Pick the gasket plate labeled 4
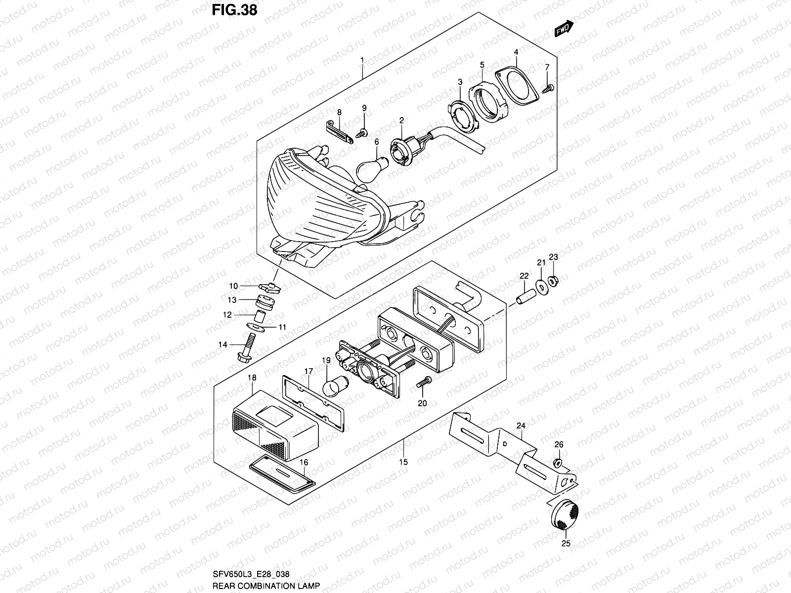click(x=517, y=88)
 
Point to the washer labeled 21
click(x=541, y=285)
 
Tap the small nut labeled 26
click(x=557, y=462)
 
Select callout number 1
click(x=362, y=60)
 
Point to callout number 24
click(x=521, y=425)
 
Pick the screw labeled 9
click(x=362, y=131)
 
